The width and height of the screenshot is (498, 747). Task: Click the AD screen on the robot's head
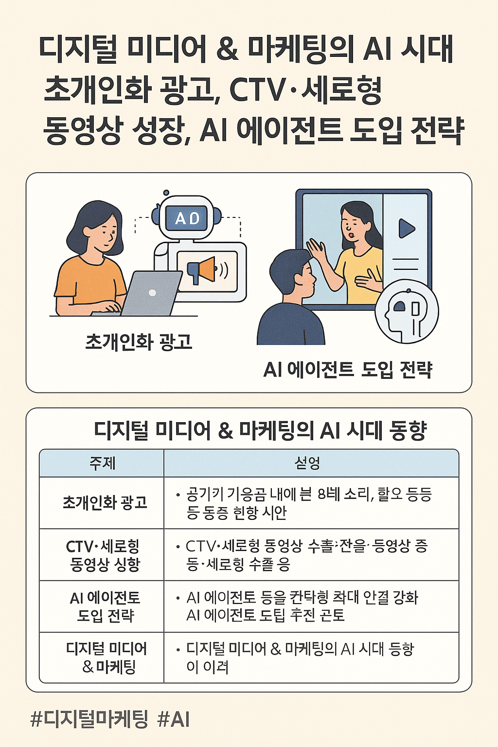tap(187, 219)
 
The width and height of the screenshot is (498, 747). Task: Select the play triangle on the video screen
tap(407, 229)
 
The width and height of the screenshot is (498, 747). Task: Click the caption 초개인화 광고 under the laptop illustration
tap(139, 342)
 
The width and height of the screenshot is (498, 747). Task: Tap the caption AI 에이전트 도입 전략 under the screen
tap(348, 370)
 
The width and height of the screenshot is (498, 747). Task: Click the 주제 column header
tap(102, 463)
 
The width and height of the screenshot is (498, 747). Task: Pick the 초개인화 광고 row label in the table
tap(105, 502)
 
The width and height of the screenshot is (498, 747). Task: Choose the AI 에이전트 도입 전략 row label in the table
tap(105, 606)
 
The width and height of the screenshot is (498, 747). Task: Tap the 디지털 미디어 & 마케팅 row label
tap(106, 658)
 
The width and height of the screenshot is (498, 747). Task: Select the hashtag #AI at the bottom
tap(174, 719)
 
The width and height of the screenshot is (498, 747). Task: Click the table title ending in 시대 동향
tap(260, 430)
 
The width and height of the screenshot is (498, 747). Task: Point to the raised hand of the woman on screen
tap(316, 250)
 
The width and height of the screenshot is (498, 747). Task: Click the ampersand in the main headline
tap(228, 50)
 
